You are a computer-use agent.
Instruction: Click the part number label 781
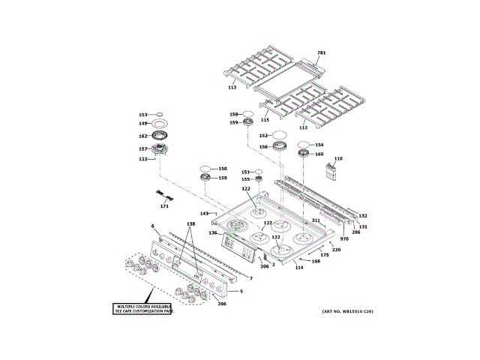(x=322, y=52)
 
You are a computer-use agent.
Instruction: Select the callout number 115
(x=265, y=119)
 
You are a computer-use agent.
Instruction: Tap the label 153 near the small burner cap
(x=142, y=114)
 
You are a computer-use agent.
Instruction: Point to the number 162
(x=142, y=136)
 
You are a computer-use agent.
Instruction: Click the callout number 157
(x=142, y=148)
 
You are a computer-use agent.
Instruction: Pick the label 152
(x=263, y=136)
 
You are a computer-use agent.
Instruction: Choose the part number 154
(x=319, y=145)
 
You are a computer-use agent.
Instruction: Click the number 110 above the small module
(x=338, y=159)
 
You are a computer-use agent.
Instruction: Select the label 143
(x=204, y=214)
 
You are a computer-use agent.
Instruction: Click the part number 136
(x=213, y=232)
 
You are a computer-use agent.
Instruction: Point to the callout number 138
(x=190, y=224)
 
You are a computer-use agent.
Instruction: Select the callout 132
(x=363, y=216)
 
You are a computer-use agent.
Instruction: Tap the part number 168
(x=316, y=261)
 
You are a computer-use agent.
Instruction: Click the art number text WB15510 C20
(x=347, y=311)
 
